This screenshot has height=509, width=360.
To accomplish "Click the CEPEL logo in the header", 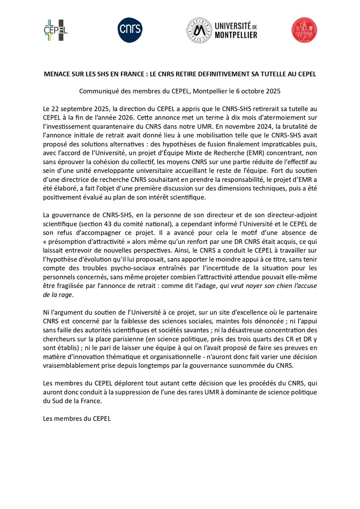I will (56, 30).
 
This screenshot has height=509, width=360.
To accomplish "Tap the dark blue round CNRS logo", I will (130, 31).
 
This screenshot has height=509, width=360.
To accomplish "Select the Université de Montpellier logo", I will (222, 31).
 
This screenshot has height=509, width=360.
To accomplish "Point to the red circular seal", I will (304, 31).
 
